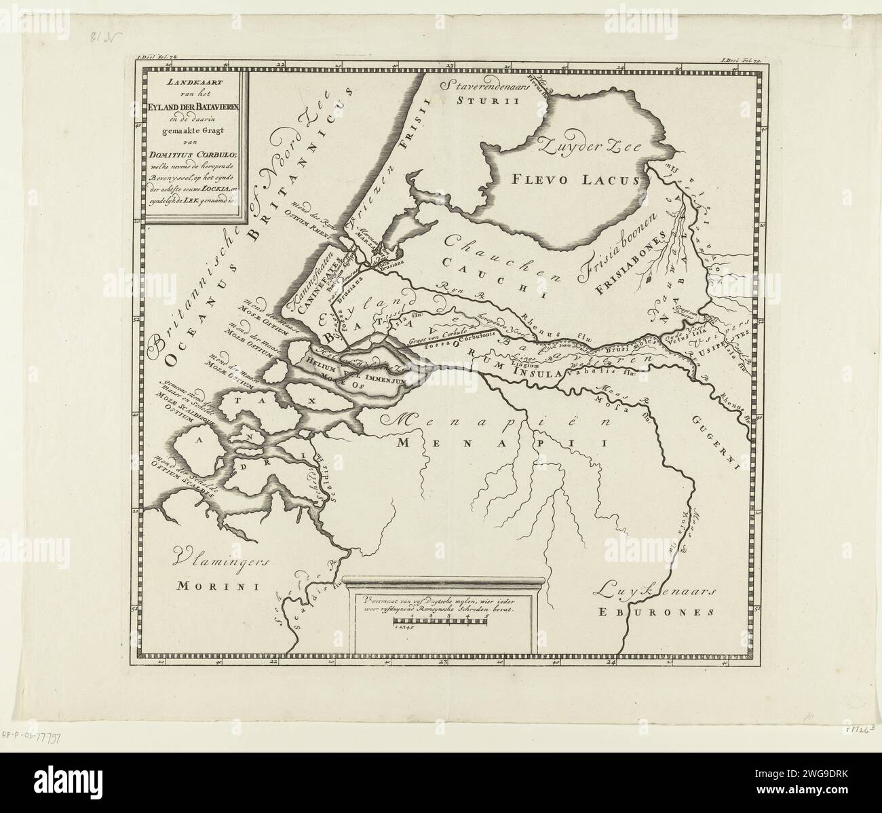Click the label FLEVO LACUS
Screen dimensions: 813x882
pyautogui.click(x=574, y=181)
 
